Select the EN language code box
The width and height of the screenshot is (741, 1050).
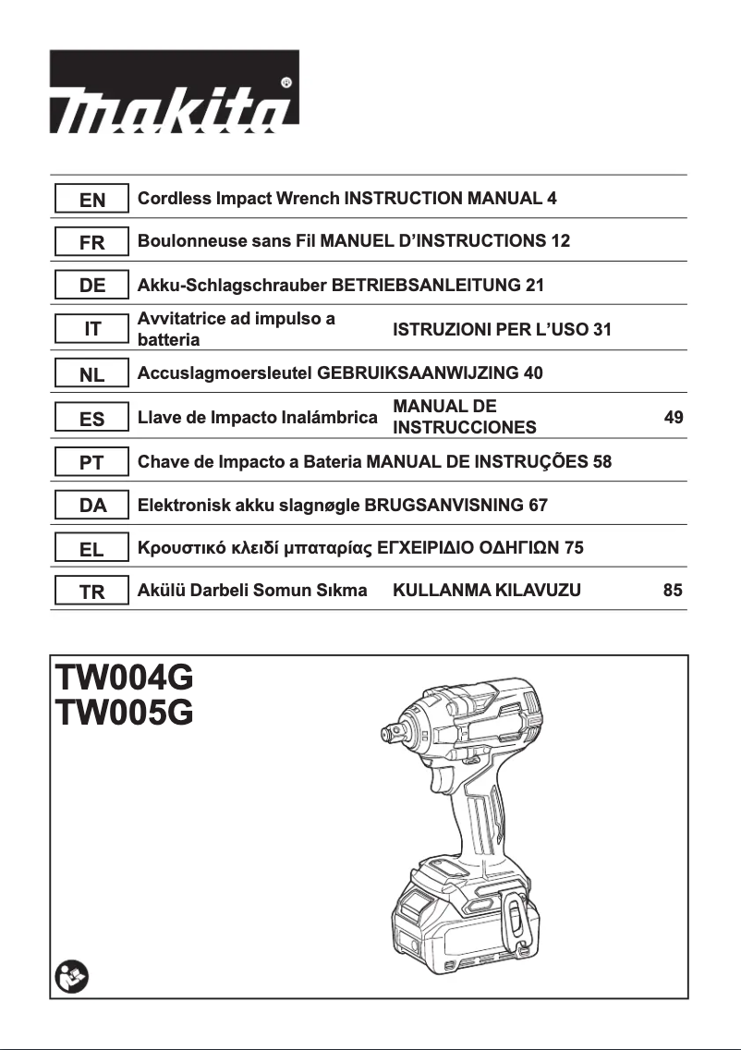coord(91,199)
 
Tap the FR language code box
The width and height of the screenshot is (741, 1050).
coord(91,242)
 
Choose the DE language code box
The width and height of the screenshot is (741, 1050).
coord(91,286)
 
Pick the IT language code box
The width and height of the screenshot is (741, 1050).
coord(91,329)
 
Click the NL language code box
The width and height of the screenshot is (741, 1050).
coord(91,374)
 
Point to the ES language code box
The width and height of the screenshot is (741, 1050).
coord(91,419)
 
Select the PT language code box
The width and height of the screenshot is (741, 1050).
coord(91,462)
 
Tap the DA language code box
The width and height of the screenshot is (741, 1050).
coord(91,506)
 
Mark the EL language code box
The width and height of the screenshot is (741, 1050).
coord(91,549)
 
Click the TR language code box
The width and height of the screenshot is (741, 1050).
coord(91,592)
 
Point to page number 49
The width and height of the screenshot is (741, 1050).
coord(674,418)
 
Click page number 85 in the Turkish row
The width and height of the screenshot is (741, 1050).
coord(674,590)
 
